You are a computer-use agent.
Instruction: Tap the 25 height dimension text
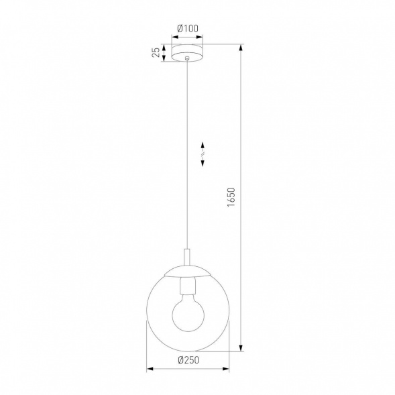[x=156, y=52]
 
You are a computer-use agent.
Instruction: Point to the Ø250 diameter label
[x=188, y=360]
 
